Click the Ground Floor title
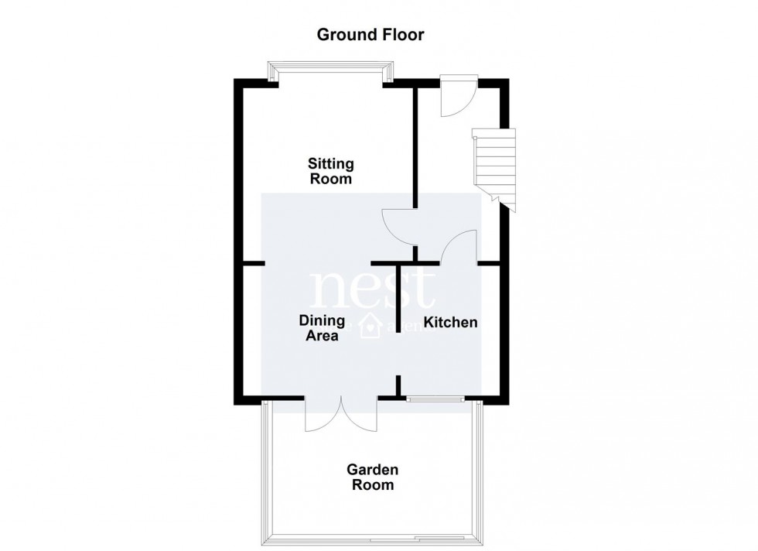(370, 35)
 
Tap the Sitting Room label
(331, 171)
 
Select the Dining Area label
(320, 327)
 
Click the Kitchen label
(450, 322)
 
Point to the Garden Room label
(372, 477)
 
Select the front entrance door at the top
(456, 97)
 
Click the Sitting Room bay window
(330, 73)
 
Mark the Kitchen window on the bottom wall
(435, 399)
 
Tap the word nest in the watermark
(373, 291)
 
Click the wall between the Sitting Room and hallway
(415, 147)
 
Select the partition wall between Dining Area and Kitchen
(398, 298)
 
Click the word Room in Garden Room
(373, 486)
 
